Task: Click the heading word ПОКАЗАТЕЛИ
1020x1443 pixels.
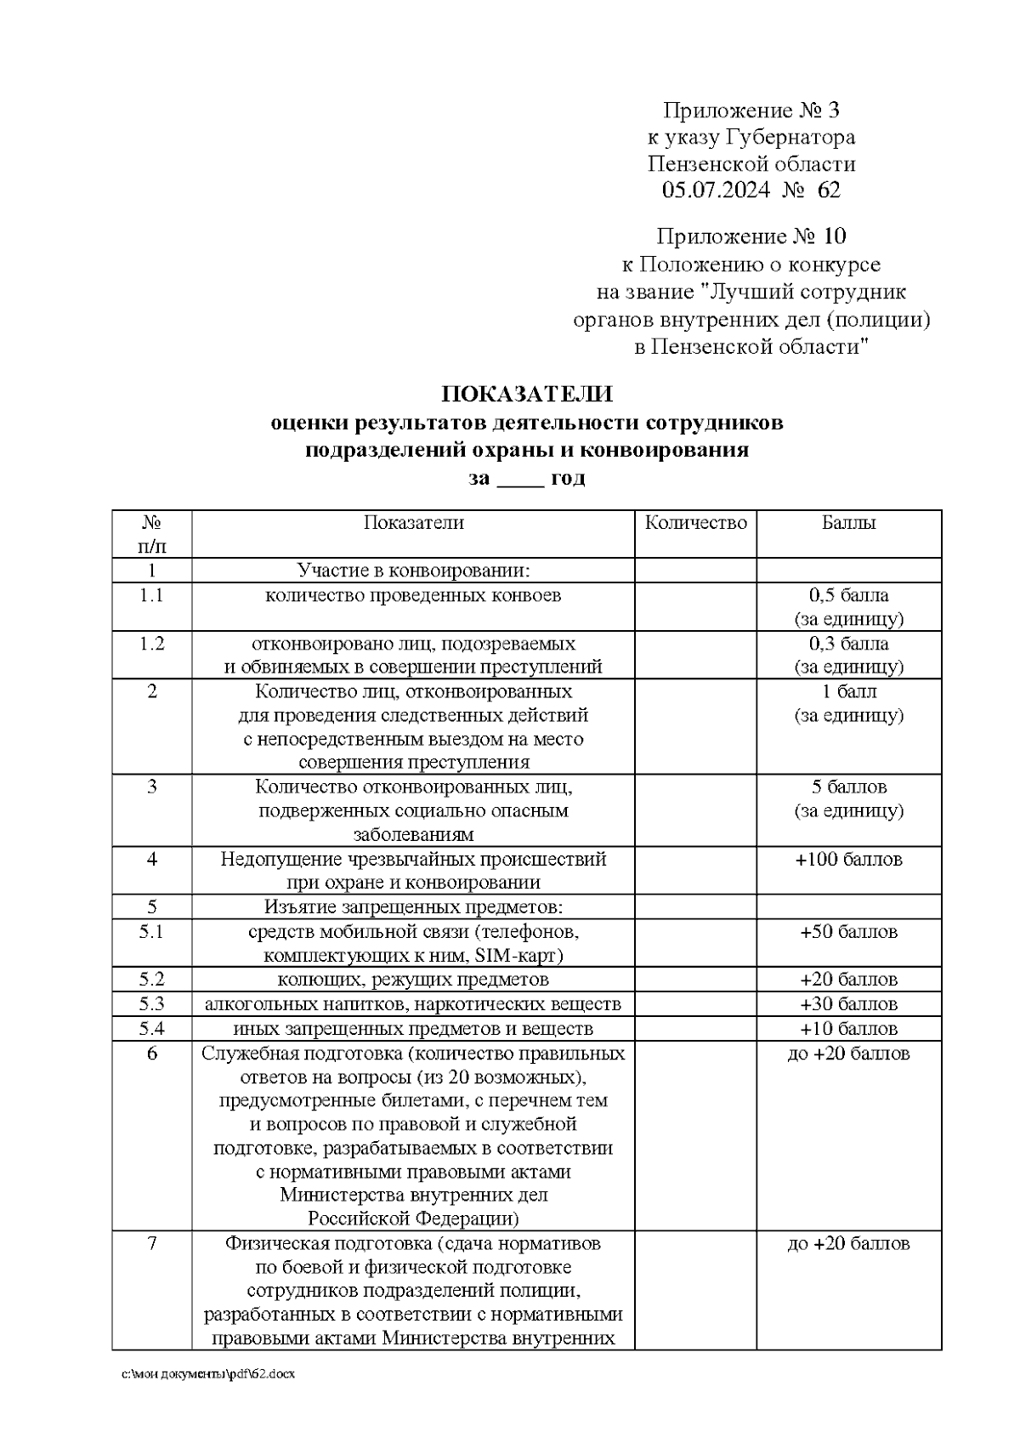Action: point(526,395)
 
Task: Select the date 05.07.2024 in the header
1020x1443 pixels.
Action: point(716,190)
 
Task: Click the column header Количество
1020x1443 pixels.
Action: point(695,522)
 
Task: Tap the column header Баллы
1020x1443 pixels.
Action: point(848,522)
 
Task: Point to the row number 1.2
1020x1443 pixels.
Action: point(151,643)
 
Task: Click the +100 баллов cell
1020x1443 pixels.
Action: point(848,859)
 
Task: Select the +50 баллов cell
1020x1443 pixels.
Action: point(848,932)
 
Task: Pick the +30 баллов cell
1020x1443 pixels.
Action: point(848,1004)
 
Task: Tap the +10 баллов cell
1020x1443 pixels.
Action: point(848,1029)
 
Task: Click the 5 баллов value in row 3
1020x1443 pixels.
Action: point(848,787)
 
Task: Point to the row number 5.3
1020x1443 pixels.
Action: point(151,1004)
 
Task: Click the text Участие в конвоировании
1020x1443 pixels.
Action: point(413,570)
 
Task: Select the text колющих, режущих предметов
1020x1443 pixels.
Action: point(413,980)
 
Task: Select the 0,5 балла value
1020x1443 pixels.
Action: point(848,595)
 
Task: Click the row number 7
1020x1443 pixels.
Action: point(151,1243)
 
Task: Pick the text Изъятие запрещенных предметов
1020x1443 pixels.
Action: point(413,906)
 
